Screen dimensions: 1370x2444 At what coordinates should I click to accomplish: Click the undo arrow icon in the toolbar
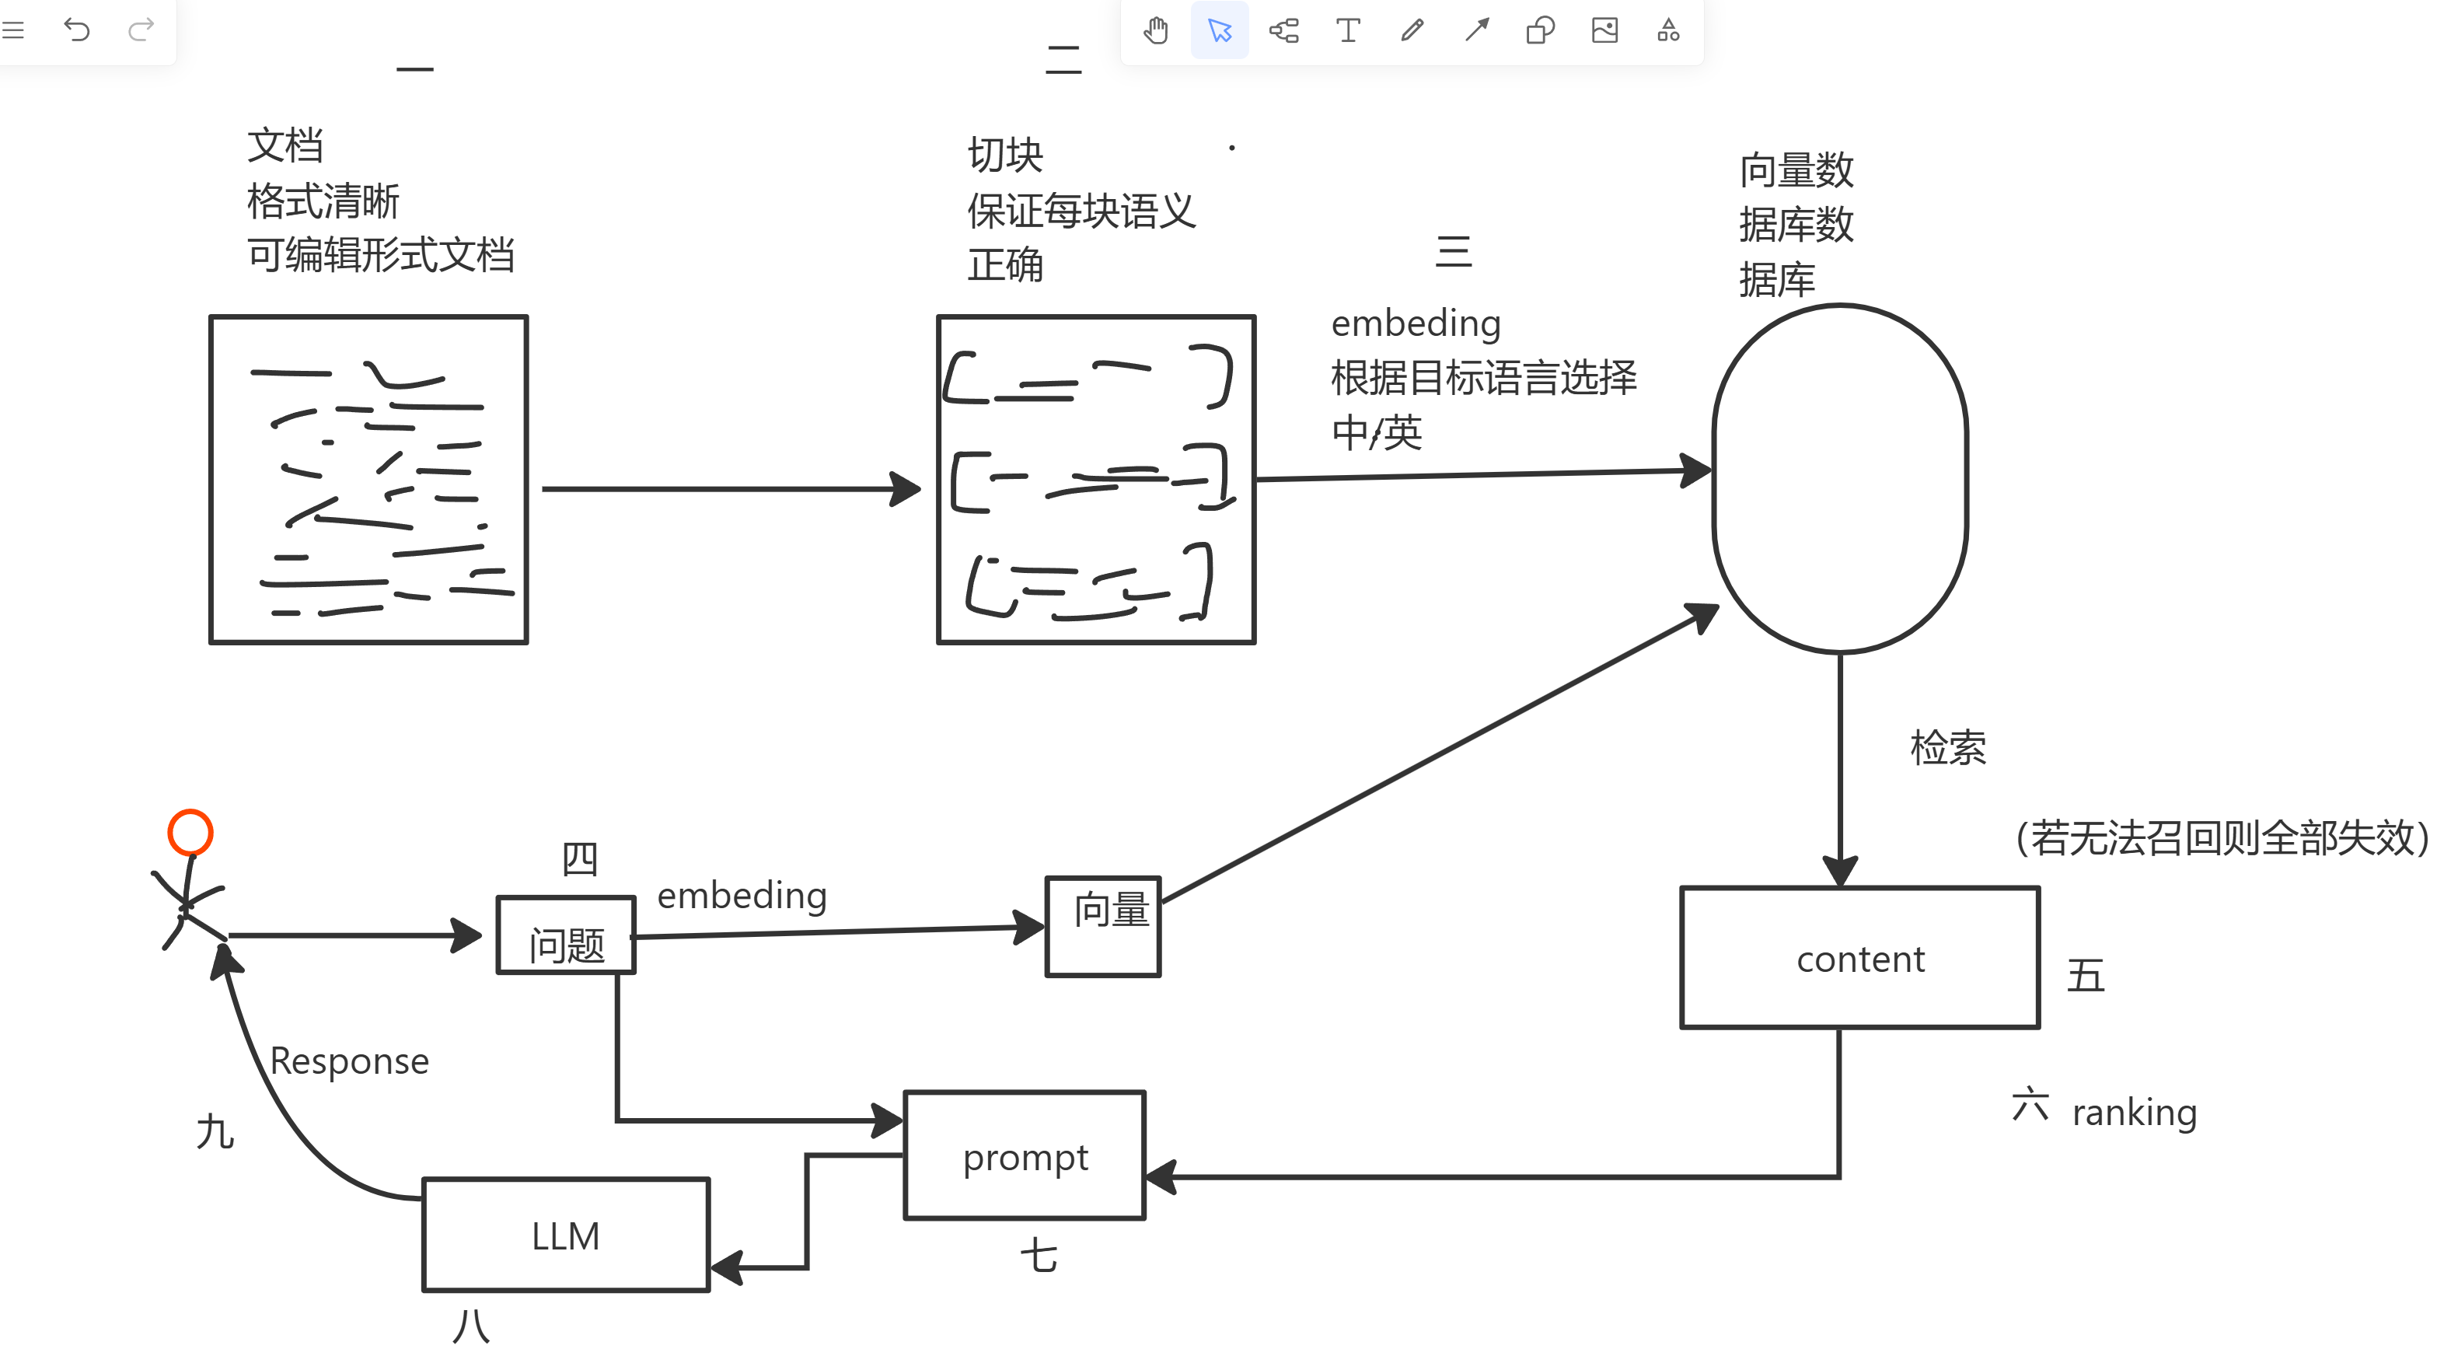(x=77, y=30)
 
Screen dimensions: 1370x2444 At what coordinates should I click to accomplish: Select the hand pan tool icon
(x=1156, y=30)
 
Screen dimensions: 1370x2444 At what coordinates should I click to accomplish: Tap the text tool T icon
(x=1347, y=30)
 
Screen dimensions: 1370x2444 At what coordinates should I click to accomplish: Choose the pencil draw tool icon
(x=1412, y=30)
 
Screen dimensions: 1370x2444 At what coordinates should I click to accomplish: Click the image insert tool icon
(x=1604, y=30)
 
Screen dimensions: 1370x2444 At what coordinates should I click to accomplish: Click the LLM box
(x=565, y=1235)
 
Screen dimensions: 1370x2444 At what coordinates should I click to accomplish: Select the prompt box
(x=1025, y=1155)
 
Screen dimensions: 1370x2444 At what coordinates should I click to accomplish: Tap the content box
(x=1859, y=958)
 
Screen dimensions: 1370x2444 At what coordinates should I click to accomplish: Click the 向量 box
(x=1103, y=926)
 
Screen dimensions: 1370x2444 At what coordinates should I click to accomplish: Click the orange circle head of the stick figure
(x=190, y=832)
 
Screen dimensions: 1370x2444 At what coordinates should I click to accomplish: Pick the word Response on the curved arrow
(x=349, y=1061)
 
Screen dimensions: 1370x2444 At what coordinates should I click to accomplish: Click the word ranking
(x=2134, y=1112)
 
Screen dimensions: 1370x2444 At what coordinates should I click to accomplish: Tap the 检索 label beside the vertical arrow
(x=1948, y=748)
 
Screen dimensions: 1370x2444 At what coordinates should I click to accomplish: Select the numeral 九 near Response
(x=215, y=1132)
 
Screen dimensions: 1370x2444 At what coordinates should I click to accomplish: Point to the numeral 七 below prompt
(x=1039, y=1256)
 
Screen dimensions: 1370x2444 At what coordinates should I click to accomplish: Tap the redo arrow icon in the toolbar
(x=141, y=30)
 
